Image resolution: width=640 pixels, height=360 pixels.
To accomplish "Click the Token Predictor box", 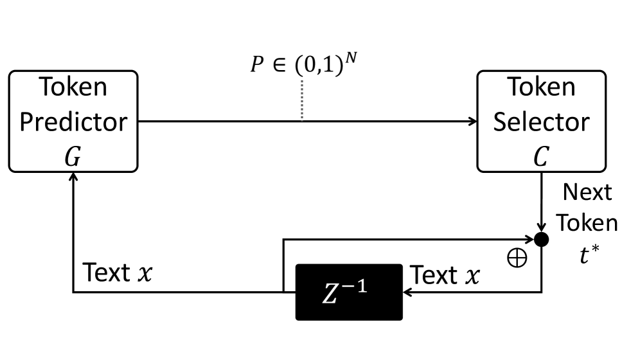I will click(73, 121).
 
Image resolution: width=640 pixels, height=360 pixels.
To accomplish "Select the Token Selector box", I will click(541, 121).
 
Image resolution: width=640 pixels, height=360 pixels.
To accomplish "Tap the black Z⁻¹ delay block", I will click(349, 291).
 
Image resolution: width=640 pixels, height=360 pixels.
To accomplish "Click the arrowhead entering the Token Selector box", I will click(472, 121).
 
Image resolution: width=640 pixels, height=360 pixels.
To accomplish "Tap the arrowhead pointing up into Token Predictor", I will click(73, 176).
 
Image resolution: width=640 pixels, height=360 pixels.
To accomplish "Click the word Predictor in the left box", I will click(73, 121).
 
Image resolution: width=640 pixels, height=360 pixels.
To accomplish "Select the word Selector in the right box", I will click(541, 121).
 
